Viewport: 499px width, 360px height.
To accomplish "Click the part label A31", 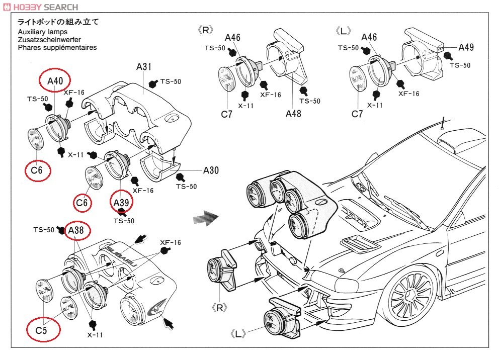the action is pos(143,67).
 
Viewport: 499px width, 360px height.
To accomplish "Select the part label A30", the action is pos(211,170).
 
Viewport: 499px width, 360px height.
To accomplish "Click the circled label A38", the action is pos(76,230).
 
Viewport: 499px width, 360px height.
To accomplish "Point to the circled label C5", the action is pos(43,330).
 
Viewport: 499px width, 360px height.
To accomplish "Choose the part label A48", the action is pos(293,114).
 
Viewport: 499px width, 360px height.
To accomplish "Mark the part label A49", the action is pos(466,47).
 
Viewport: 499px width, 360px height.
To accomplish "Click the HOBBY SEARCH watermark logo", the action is pos(40,7).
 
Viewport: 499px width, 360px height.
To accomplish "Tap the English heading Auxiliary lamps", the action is pos(43,32).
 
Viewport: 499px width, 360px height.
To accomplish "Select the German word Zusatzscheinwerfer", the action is pos(49,39).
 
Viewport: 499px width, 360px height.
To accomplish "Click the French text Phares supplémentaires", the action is pos(57,47).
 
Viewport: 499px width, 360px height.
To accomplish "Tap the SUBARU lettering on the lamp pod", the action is pos(121,256).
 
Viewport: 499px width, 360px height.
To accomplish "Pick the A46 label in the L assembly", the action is pos(369,37).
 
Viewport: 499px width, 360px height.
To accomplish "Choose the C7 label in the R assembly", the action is pos(226,114).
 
